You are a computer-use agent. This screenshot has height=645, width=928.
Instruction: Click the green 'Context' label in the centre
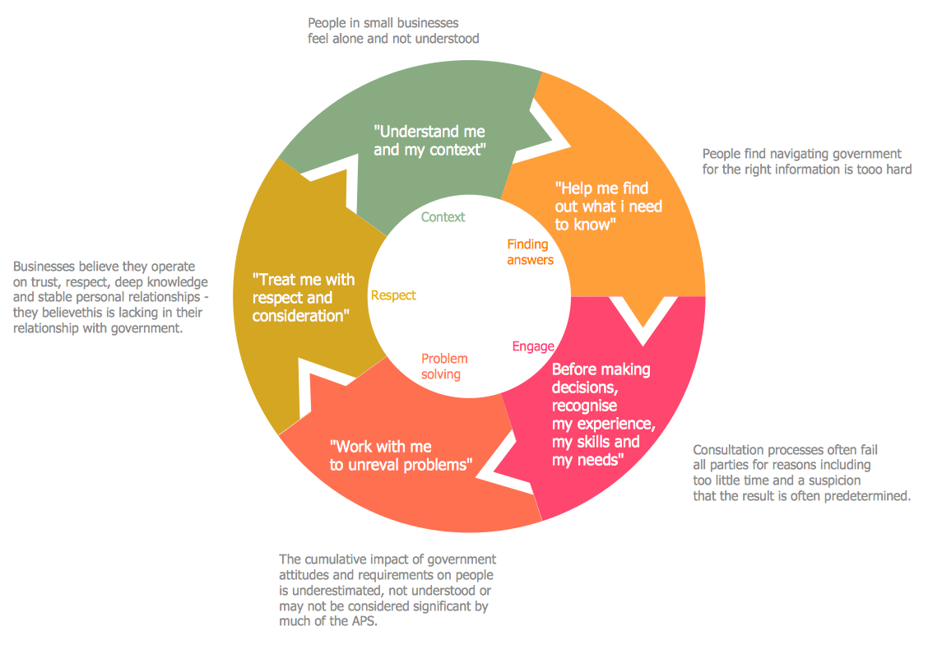[443, 217]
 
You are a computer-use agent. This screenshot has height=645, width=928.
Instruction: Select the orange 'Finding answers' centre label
[530, 252]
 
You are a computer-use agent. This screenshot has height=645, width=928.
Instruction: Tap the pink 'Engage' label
[533, 346]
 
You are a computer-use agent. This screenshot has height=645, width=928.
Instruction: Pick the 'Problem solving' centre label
[444, 366]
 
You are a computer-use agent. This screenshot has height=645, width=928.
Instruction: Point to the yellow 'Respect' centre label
[393, 295]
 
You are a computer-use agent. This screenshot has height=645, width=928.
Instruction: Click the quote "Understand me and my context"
[429, 141]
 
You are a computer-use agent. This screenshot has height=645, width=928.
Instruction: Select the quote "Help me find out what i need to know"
[608, 206]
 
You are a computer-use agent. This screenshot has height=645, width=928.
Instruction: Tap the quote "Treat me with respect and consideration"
[304, 298]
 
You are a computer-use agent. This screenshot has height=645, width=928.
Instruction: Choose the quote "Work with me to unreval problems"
[400, 456]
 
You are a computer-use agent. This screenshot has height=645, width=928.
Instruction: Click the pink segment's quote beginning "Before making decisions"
[603, 414]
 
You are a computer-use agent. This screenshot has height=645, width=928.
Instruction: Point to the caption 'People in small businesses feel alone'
[393, 30]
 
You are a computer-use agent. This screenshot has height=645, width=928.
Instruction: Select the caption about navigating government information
[806, 161]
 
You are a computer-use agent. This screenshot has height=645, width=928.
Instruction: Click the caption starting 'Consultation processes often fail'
[801, 473]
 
